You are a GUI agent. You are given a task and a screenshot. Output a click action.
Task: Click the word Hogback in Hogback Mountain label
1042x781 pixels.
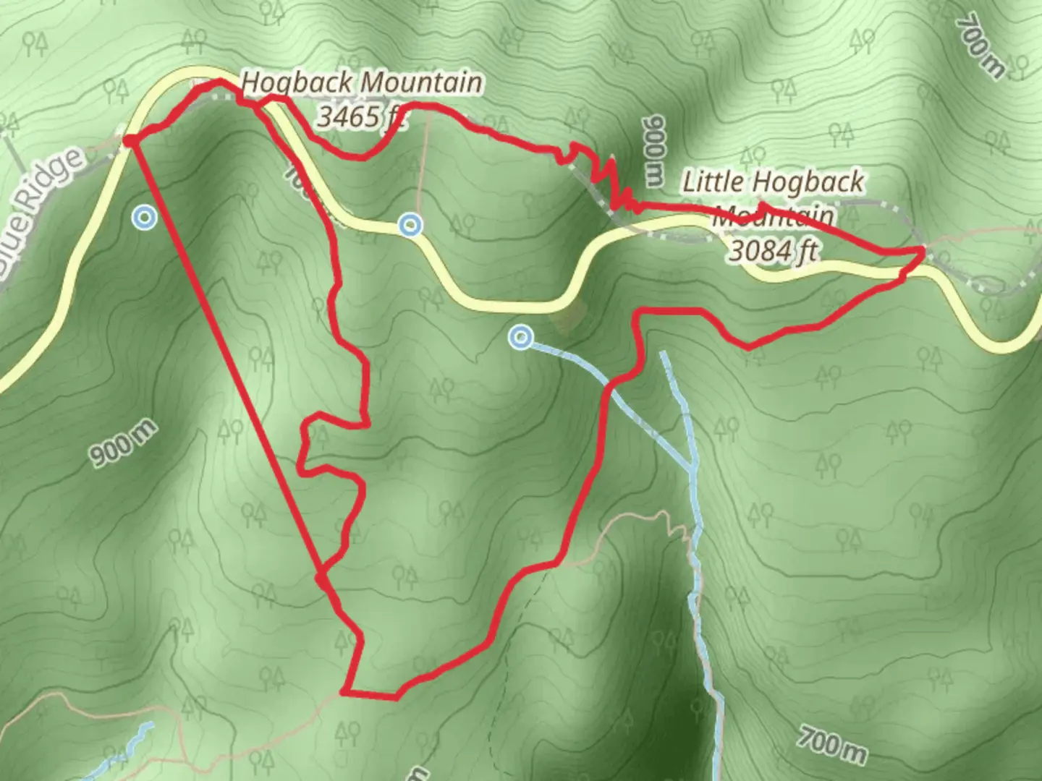[x=297, y=83]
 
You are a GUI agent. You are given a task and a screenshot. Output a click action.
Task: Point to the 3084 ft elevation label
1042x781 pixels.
[x=773, y=250]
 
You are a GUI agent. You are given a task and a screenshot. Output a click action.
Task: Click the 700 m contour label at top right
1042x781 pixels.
[x=981, y=45]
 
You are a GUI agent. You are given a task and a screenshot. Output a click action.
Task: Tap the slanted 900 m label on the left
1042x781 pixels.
[x=123, y=443]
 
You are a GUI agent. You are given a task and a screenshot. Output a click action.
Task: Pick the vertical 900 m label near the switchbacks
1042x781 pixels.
[x=653, y=148]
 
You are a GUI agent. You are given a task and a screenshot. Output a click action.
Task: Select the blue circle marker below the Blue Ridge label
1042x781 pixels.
[x=145, y=217]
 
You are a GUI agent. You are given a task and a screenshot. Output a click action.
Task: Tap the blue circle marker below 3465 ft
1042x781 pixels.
[x=411, y=225]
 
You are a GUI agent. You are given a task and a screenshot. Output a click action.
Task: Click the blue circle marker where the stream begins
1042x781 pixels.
[x=520, y=337]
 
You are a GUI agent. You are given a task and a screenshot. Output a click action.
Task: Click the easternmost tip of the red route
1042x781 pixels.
[x=923, y=251]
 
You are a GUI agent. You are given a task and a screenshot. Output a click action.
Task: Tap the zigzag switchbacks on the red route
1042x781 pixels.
[x=604, y=177]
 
